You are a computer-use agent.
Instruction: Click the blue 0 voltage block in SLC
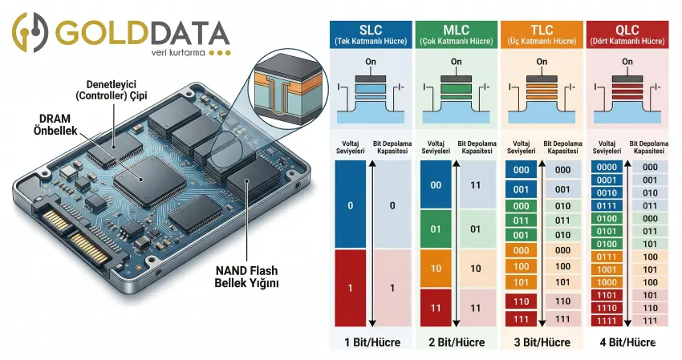(350, 205)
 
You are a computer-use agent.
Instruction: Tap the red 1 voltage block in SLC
(350, 287)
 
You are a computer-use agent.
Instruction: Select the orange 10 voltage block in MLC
(436, 268)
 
